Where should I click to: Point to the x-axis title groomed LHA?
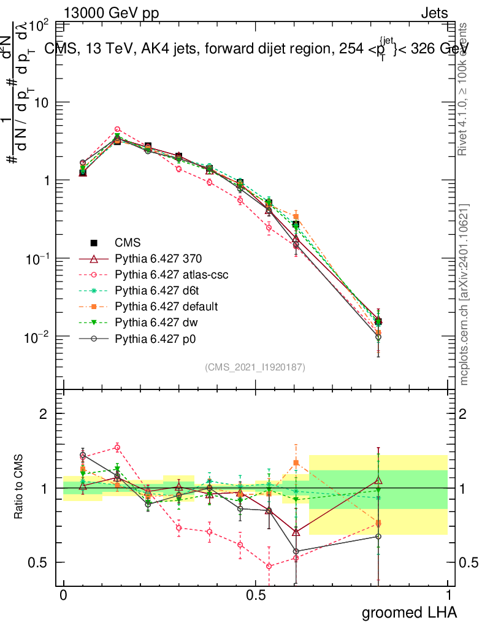(x=410, y=612)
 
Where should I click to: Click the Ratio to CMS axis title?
(x=20, y=488)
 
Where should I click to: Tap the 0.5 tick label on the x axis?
(x=256, y=595)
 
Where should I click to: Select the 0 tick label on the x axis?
(x=63, y=595)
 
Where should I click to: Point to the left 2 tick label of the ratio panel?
(x=43, y=415)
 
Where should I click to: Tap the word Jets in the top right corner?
(x=434, y=12)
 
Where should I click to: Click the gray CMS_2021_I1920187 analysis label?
(x=255, y=367)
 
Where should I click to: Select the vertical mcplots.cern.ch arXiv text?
(x=464, y=294)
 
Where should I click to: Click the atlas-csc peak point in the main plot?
(x=117, y=129)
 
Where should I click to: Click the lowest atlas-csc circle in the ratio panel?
(x=269, y=566)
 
